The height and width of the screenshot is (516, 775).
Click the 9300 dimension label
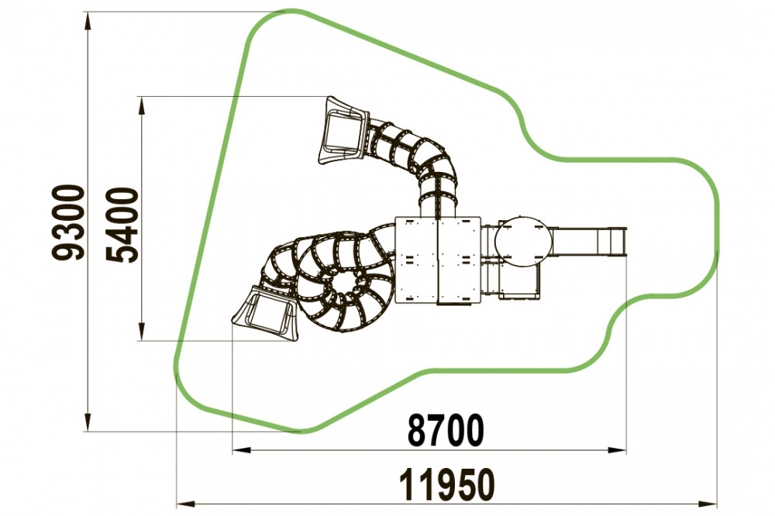[68, 222]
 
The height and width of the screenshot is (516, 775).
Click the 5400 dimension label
[122, 225]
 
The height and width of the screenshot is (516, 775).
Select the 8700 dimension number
[446, 431]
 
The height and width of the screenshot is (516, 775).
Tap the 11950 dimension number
[447, 484]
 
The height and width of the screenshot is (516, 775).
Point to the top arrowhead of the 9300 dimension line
[88, 21]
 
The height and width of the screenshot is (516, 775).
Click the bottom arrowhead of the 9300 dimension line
[88, 422]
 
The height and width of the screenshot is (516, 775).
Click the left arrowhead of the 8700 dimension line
[242, 450]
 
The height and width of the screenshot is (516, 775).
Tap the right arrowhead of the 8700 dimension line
[617, 450]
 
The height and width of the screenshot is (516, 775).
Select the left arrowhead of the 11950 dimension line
[186, 504]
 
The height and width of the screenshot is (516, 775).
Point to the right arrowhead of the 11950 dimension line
[708, 504]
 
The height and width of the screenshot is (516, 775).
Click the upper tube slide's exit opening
[342, 130]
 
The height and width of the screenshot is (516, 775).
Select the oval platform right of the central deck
[523, 241]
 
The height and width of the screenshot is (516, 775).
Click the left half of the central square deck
[416, 260]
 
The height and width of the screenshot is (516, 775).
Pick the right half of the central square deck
[459, 260]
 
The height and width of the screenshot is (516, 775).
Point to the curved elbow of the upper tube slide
[438, 164]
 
